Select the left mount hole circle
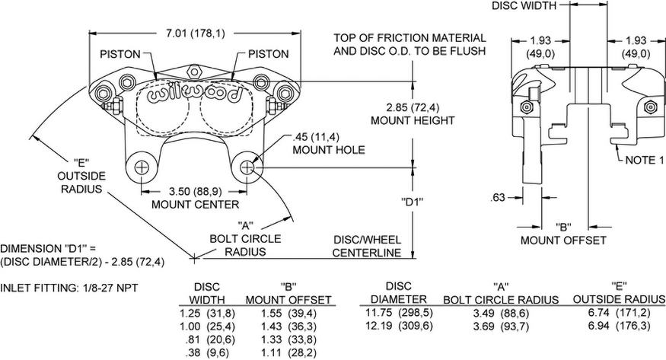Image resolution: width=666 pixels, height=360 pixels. pyautogui.click(x=142, y=167)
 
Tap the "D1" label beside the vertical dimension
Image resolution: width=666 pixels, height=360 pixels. pyautogui.click(x=411, y=203)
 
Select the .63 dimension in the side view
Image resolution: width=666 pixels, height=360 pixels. pyautogui.click(x=499, y=198)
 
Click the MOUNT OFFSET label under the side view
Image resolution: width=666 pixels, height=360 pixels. pyautogui.click(x=563, y=241)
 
